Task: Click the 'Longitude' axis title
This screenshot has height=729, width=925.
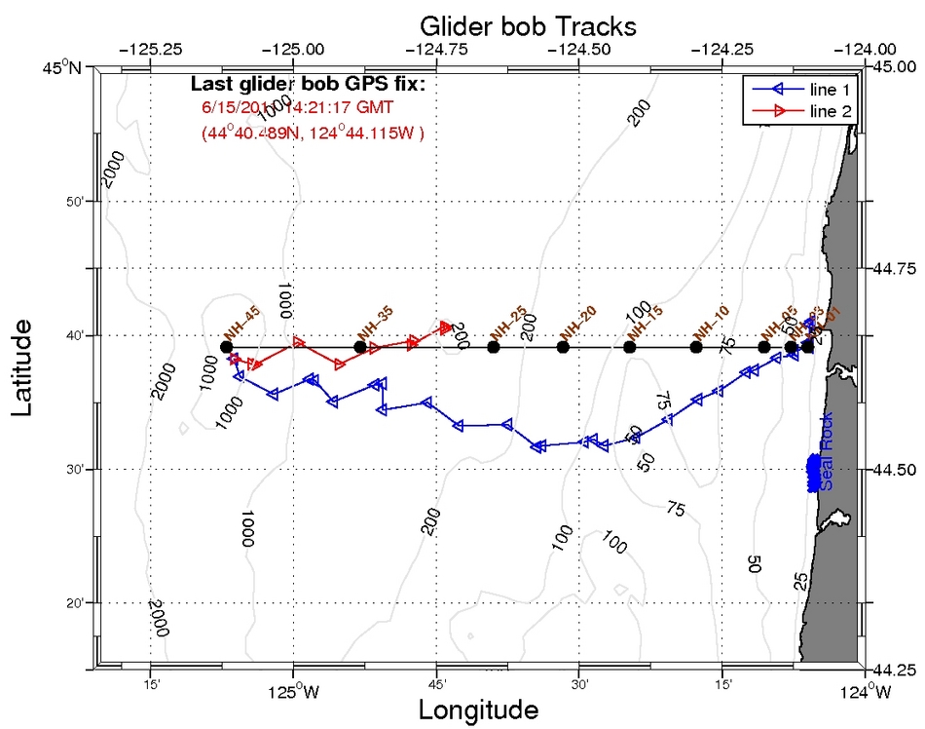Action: tap(478, 709)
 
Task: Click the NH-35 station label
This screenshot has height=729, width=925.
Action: tap(375, 322)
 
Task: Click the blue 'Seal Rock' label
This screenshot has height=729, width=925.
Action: tap(827, 462)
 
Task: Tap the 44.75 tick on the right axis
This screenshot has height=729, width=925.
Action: tap(897, 268)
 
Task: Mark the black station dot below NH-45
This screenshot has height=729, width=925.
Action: tap(226, 347)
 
